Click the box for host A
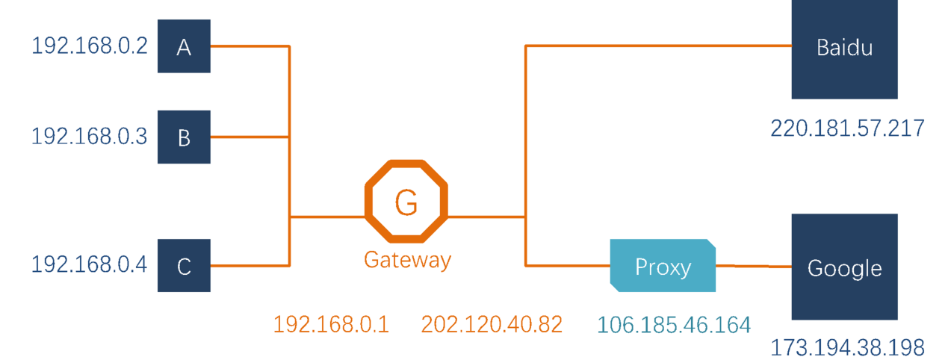[x=184, y=46]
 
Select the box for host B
[x=184, y=137]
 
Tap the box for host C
[x=184, y=265]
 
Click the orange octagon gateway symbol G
[x=406, y=202]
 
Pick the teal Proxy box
[x=662, y=265]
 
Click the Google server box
[x=844, y=267]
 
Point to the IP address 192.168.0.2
[x=89, y=46]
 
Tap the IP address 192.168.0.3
[x=89, y=137]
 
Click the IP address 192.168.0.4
[x=89, y=265]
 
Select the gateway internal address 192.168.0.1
[x=331, y=324]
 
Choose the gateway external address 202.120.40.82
[x=492, y=324]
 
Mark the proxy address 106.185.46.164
[x=674, y=324]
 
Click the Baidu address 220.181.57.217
[x=847, y=128]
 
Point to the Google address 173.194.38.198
[x=847, y=347]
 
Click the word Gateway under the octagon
[x=407, y=260]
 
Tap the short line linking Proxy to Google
[x=753, y=266]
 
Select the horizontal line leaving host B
[x=250, y=137]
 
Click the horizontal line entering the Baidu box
[x=657, y=46]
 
